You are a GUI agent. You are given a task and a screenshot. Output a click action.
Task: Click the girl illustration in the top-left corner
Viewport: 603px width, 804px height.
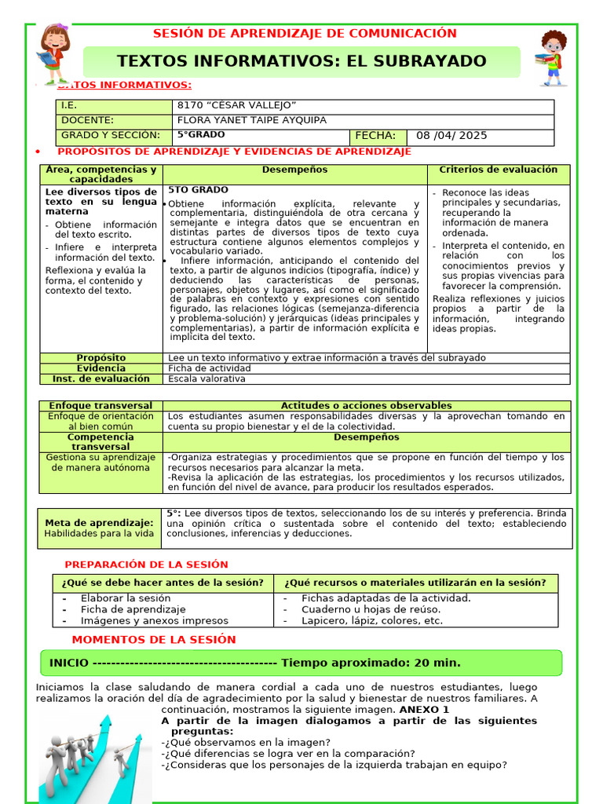[54, 54]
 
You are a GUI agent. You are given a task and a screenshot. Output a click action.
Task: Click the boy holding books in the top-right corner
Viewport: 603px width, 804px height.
[553, 58]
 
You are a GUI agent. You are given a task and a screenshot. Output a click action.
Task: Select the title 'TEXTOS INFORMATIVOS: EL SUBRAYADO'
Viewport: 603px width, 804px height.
[301, 61]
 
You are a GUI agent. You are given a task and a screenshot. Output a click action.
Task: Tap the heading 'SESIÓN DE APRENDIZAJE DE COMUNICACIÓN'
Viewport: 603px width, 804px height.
[304, 33]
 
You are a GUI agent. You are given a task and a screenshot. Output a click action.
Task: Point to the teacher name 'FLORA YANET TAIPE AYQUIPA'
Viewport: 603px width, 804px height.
[251, 120]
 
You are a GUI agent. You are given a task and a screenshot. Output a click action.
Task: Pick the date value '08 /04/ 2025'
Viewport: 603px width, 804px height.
[451, 135]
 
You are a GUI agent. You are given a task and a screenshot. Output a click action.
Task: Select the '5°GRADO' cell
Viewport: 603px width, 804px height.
[200, 134]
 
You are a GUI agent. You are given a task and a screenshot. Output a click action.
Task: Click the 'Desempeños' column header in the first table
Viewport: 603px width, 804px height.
[294, 170]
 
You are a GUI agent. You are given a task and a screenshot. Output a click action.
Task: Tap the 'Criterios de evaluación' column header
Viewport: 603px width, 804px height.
[498, 170]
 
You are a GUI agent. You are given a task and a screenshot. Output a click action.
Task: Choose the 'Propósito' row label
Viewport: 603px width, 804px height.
[100, 358]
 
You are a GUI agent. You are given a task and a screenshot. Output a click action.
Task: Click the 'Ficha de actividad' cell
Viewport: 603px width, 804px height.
[210, 368]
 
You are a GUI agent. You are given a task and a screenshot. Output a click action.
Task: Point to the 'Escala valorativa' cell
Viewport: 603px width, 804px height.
[206, 378]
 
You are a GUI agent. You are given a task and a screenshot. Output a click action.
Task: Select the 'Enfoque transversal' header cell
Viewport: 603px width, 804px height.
[100, 405]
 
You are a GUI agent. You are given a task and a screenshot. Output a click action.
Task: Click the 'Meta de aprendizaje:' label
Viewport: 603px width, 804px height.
[99, 523]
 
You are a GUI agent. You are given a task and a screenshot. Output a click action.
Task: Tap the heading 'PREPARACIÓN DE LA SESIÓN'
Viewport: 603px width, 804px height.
[146, 565]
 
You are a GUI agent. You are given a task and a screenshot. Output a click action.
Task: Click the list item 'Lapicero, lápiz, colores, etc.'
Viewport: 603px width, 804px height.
[372, 620]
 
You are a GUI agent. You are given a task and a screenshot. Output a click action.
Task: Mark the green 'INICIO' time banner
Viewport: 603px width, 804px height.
[301, 663]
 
